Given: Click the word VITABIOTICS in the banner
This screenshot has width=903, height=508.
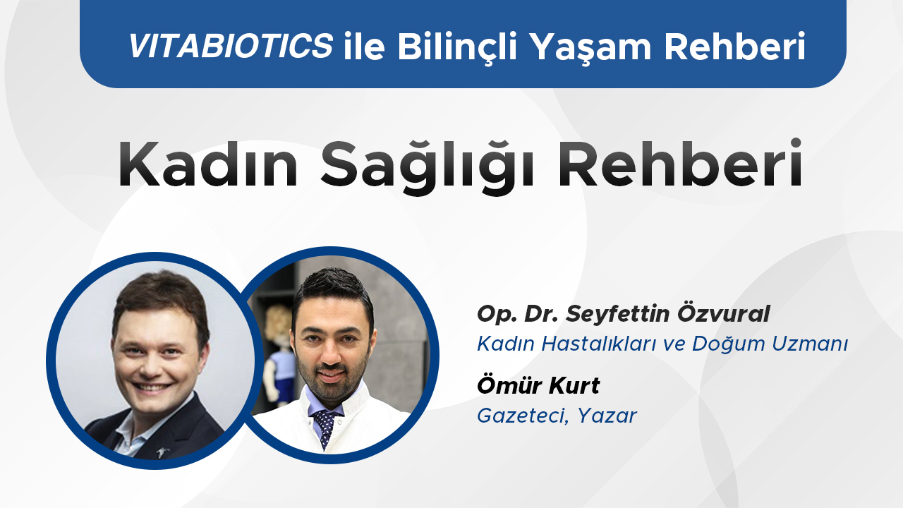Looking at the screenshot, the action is (231, 45).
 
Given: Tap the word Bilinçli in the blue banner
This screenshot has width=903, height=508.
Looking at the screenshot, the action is (457, 47).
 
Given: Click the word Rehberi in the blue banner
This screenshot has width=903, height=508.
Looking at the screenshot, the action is (734, 46).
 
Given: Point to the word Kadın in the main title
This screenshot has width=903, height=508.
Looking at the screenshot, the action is (208, 164).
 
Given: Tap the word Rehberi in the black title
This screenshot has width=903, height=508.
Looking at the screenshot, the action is (680, 163).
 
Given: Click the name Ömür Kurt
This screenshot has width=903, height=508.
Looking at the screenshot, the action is (538, 385).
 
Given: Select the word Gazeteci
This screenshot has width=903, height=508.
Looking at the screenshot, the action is (523, 416).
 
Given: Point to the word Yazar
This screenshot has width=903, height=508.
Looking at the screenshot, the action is (607, 416).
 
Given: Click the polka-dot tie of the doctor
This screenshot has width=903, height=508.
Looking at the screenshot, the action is (326, 428).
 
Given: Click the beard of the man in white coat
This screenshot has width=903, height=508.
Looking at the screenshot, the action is (331, 383).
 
